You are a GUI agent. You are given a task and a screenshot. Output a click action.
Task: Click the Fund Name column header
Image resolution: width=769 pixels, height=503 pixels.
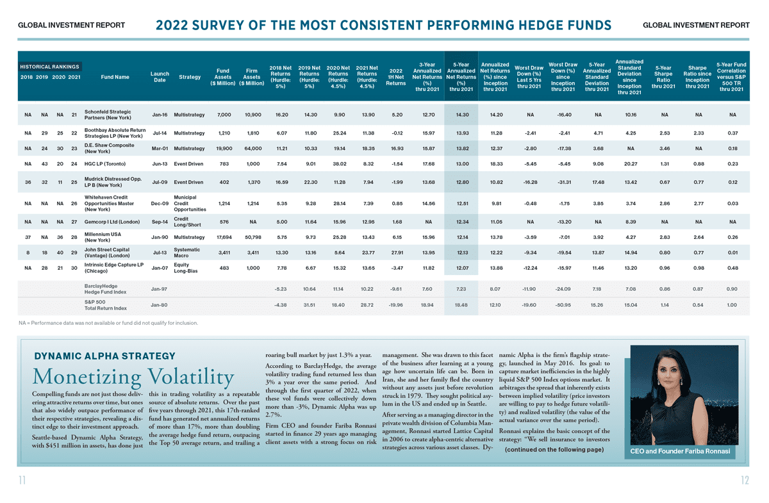pos(115,77)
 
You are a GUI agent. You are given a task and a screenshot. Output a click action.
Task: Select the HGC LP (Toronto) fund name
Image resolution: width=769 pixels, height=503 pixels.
pos(105,164)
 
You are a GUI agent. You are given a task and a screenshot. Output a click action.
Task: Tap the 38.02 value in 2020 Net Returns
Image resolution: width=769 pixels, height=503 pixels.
pos(339,164)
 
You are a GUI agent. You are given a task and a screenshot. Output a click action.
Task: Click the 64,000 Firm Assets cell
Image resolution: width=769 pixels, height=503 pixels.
pos(253,148)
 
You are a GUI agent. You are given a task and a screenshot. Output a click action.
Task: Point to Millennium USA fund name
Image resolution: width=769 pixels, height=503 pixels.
pos(103,237)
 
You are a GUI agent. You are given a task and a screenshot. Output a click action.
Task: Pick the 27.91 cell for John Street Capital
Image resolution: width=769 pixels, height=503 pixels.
pos(397,252)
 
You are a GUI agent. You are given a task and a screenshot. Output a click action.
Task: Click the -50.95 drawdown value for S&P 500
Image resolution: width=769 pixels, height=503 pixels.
pos(563,305)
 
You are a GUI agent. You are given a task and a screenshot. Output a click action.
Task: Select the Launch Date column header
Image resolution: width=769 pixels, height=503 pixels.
pos(160,77)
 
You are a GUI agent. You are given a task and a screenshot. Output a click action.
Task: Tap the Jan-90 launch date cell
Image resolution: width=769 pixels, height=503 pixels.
pos(160,237)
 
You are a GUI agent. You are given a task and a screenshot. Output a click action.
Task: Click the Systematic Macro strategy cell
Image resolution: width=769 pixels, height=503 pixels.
pos(186,252)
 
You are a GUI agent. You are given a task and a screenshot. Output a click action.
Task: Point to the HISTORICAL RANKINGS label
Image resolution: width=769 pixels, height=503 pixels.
pos(49,67)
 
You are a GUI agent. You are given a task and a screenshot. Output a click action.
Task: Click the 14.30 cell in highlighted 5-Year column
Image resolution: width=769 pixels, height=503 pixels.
pos(463,115)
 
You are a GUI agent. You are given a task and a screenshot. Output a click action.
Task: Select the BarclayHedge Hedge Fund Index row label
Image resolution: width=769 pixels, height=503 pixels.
pos(105,289)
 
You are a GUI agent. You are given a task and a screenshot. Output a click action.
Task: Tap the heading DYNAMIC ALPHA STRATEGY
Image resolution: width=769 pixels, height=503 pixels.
pos(104,356)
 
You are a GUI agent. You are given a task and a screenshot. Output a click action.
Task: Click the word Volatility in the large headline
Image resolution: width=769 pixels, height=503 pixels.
pos(191,377)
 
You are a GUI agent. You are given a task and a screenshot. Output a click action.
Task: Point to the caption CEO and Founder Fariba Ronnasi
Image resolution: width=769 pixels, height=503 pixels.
pos(680,451)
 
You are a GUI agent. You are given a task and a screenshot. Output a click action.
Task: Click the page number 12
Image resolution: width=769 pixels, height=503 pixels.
pos(745,480)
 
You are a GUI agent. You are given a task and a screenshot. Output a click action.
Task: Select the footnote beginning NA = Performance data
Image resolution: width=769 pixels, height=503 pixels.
pos(108,323)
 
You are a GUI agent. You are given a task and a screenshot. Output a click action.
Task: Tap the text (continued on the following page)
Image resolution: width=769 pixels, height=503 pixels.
pos(554,449)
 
